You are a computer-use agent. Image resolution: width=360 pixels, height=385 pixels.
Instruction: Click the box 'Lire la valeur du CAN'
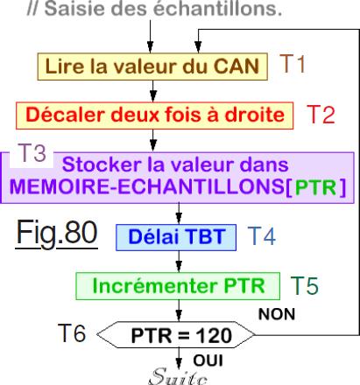pos(152,66)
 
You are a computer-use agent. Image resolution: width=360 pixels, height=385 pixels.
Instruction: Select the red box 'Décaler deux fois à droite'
pos(154,115)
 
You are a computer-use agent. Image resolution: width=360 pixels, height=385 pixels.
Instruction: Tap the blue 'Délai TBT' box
pos(176,237)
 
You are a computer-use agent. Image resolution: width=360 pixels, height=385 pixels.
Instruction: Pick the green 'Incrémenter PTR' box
pos(178,286)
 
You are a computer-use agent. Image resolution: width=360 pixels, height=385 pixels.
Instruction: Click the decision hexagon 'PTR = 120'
pos(175,335)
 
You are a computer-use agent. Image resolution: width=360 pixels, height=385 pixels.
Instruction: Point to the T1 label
pos(293,64)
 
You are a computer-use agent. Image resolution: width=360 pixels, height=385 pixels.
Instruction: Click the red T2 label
pos(321,115)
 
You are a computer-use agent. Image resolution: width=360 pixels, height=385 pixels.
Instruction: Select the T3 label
pos(32,153)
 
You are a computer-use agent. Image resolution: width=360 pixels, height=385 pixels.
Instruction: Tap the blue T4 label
pos(262,236)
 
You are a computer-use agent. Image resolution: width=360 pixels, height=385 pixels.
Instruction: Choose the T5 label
pos(305,285)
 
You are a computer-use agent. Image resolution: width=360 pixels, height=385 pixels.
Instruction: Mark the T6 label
pos(72,332)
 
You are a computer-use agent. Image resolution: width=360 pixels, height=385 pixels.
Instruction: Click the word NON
pos(277,314)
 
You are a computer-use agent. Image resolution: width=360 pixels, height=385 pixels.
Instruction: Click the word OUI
pos(208,360)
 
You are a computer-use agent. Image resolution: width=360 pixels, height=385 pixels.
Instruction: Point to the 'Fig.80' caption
pos(57,234)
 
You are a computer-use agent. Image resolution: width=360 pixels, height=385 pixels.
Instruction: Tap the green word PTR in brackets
pos(315,187)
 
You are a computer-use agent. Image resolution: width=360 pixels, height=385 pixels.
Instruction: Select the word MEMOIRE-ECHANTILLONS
pos(146,186)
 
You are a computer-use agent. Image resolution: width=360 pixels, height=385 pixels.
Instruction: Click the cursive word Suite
pos(178,376)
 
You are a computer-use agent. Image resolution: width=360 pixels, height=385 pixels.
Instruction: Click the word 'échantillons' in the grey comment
pos(218,9)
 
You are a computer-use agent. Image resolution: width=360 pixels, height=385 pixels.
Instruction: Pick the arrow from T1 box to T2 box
pos(153,91)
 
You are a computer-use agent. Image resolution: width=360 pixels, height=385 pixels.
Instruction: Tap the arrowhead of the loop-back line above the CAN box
pos(198,47)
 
